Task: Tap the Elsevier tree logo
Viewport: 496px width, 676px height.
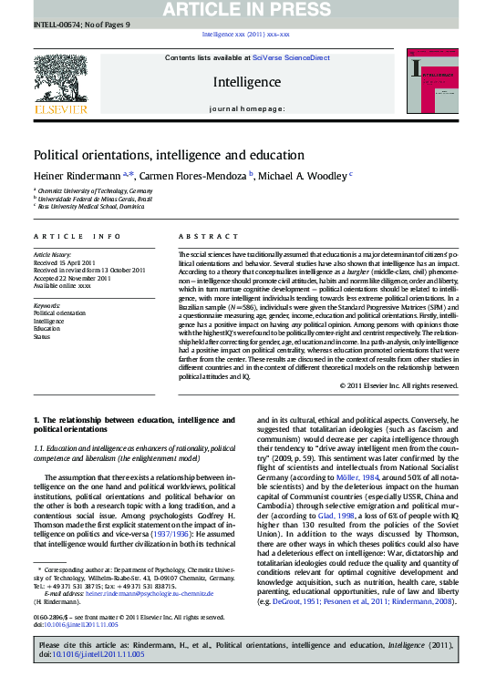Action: point(60,84)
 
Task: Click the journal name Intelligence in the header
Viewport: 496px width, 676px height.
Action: point(246,82)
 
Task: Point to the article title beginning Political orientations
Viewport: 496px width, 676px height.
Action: point(169,156)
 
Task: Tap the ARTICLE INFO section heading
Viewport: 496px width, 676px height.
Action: point(77,236)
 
